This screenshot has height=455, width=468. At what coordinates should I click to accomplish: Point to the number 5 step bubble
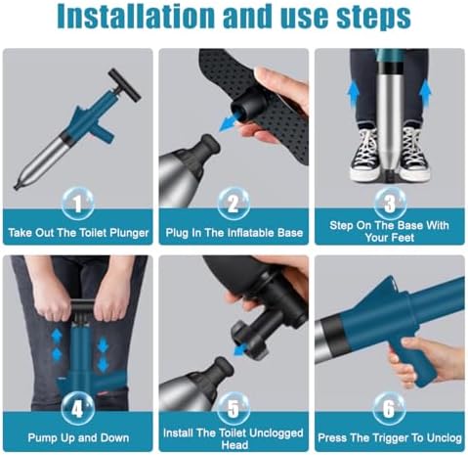click(x=233, y=405)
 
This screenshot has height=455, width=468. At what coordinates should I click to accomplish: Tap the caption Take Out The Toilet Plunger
click(x=77, y=235)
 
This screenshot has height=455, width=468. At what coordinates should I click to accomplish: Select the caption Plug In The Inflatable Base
click(x=233, y=235)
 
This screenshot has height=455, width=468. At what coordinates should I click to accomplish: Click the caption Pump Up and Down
click(x=77, y=437)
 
